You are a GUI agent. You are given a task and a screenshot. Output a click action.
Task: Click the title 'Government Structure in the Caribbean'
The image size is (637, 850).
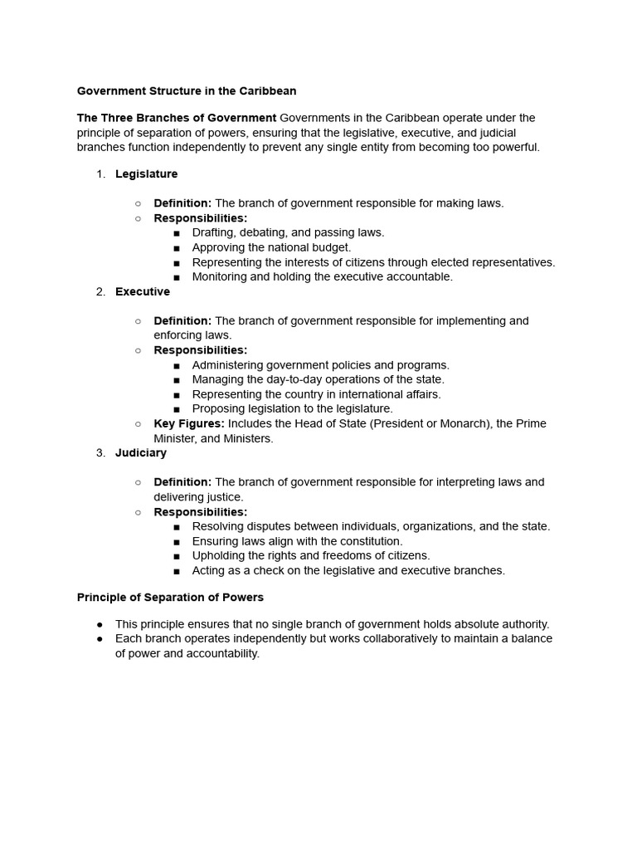tap(187, 90)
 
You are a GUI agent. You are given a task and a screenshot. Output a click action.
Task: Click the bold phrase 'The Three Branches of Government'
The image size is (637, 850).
tap(177, 118)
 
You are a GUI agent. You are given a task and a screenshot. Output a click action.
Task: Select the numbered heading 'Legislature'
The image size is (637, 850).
tap(146, 174)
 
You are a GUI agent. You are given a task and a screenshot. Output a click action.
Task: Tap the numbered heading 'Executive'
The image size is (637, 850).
tap(143, 291)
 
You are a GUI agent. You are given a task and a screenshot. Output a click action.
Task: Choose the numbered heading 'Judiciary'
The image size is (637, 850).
tap(141, 452)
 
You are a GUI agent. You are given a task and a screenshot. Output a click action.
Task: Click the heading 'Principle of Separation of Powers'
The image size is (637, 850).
tap(170, 597)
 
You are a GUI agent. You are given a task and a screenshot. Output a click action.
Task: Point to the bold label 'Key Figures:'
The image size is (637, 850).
tap(189, 423)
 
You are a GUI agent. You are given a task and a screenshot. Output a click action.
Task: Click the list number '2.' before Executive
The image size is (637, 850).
tap(100, 291)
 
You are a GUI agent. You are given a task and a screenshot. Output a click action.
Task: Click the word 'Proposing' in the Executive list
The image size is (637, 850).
tap(218, 408)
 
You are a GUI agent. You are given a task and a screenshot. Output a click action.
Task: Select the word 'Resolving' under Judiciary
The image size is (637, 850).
tap(218, 525)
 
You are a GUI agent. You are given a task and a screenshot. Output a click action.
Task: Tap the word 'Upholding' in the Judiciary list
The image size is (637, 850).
tap(219, 555)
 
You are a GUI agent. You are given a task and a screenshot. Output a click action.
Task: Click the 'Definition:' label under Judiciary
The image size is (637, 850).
tap(182, 481)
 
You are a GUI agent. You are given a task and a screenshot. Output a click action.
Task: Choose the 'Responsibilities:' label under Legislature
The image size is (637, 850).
tap(201, 218)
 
